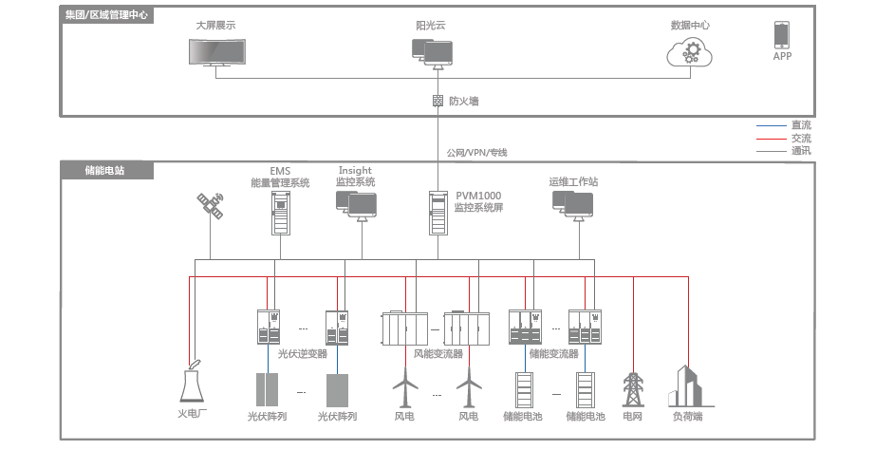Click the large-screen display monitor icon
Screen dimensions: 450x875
pos(215,53)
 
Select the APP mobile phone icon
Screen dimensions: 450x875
pos(782,36)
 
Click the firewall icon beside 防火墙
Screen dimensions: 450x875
pos(437,101)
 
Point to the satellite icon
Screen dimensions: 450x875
pos(210,207)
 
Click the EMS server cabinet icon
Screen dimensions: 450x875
pos(280,214)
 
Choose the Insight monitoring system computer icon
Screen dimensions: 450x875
pos(356,203)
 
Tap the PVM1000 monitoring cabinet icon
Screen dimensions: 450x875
pos(437,214)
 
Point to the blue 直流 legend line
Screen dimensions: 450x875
pos(771,125)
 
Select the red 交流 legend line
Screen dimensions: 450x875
pos(771,139)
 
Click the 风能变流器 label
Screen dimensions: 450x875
pos(438,354)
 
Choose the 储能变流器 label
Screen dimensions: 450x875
pos(553,354)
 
